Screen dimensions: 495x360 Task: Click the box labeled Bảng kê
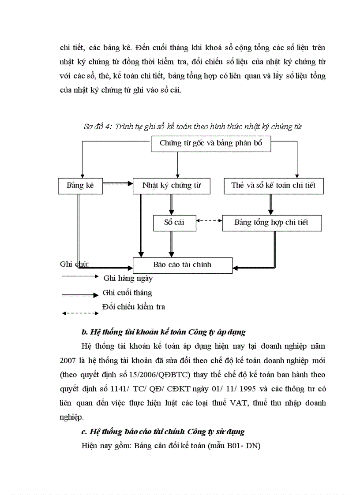tap(80, 186)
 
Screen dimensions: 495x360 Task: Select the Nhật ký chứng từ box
tap(171, 186)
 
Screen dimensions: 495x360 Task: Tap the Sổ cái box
tap(174, 223)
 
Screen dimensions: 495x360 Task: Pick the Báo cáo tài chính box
tap(182, 265)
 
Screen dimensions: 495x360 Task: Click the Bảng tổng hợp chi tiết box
tap(271, 223)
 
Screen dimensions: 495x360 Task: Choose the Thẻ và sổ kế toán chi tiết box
tap(274, 186)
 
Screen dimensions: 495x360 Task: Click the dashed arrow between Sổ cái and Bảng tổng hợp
tap(209, 220)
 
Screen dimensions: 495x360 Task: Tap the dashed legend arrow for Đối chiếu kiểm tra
tap(80, 313)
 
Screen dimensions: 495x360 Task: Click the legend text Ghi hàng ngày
tap(128, 278)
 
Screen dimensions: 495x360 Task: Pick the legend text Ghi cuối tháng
tap(127, 292)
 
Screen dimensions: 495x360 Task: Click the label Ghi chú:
tap(74, 264)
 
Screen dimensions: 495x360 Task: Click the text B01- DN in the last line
tap(243, 446)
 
